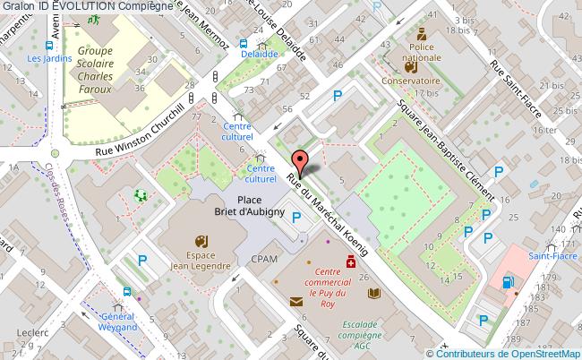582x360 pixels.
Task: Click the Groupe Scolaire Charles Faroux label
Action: pyautogui.click(x=100, y=64)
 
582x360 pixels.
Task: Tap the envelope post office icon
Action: pyautogui.click(x=295, y=302)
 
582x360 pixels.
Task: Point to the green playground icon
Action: pyautogui.click(x=139, y=194)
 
